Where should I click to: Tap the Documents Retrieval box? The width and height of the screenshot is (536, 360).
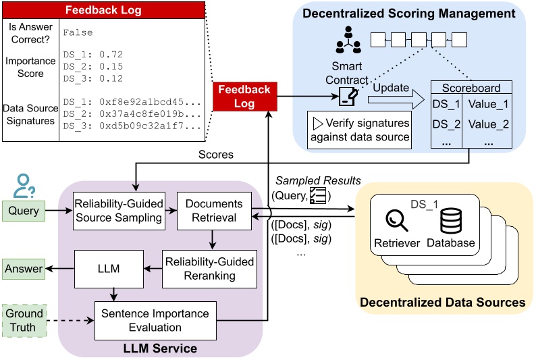(213, 210)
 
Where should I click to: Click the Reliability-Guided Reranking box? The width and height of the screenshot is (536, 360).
(209, 268)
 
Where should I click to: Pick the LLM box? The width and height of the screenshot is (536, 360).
(109, 268)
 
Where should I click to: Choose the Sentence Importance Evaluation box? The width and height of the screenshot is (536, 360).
(155, 321)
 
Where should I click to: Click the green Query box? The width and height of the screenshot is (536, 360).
(24, 211)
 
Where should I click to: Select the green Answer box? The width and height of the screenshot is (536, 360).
(24, 269)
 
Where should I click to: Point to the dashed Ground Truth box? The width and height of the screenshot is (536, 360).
(24, 320)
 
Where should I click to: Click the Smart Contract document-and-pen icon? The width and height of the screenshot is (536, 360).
(348, 97)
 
